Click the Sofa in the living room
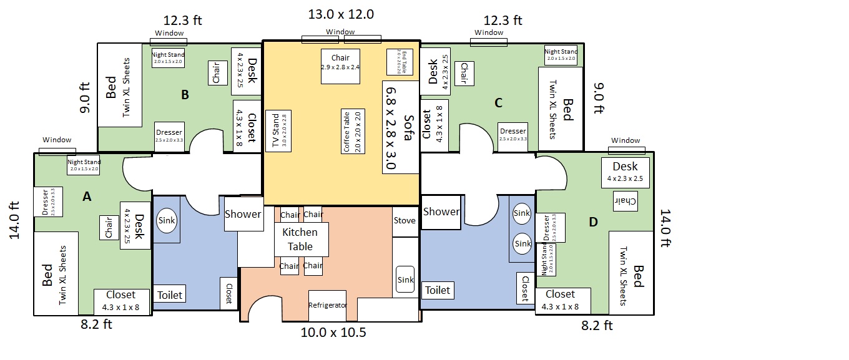400,128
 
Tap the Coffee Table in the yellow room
353,131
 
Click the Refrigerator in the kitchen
328,306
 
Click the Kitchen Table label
300,239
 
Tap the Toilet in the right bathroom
438,290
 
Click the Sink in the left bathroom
166,221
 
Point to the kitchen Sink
405,280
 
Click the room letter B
185,95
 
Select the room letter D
593,222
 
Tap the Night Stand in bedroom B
168,58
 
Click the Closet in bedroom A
121,300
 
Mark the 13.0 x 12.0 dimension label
341,14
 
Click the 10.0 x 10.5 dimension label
333,333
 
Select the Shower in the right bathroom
441,212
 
